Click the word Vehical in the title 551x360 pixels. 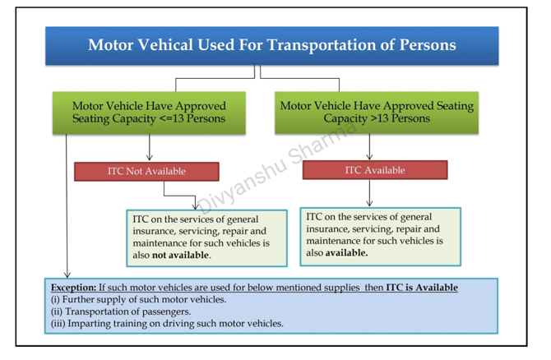coord(164,44)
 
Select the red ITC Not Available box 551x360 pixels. coord(146,172)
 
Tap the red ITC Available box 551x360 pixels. coord(375,170)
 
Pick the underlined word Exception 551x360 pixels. coord(72,288)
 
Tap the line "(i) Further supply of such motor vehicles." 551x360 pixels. coord(138,300)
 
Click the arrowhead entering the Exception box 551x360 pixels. coord(67,274)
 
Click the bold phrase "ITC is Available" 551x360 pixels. coord(422,288)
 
